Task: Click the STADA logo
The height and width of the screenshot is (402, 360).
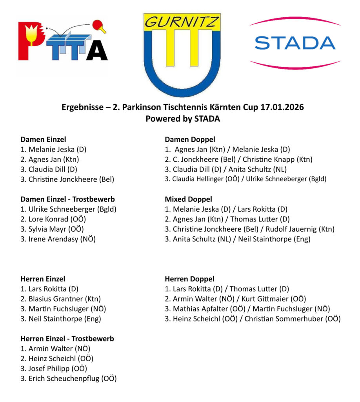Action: pos(295,43)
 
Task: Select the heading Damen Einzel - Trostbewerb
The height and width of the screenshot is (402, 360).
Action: pos(67,199)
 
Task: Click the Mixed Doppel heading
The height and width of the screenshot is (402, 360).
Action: pos(188,199)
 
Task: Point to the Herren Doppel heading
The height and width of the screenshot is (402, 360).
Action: pos(189,279)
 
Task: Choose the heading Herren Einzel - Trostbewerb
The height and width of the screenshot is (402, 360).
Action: pos(67,338)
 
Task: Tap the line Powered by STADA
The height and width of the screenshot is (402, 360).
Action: pos(183,119)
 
